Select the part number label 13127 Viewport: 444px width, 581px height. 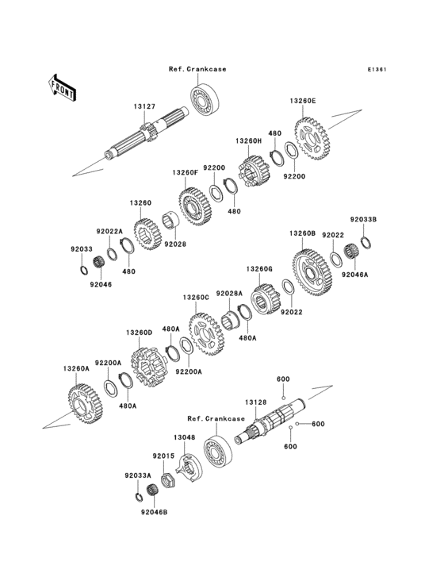(144, 106)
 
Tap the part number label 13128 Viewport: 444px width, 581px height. (255, 402)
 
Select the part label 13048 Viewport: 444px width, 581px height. (184, 437)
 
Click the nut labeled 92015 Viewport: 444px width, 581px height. (167, 479)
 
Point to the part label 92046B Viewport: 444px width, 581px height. (155, 513)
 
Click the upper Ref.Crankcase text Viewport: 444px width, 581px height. (197, 69)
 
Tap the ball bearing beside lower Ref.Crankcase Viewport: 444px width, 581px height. (218, 448)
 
